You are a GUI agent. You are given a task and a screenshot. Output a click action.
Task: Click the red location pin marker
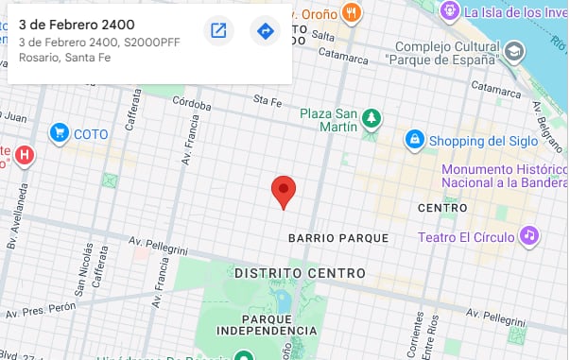pyautogui.click(x=284, y=190)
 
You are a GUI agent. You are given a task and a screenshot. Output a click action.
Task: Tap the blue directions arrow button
pyautogui.click(x=266, y=31)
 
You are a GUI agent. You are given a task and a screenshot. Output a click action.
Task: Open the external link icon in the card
pyautogui.click(x=218, y=31)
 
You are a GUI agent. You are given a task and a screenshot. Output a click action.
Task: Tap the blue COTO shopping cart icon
pyautogui.click(x=60, y=133)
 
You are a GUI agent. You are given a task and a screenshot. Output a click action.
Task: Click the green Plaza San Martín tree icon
pyautogui.click(x=373, y=118)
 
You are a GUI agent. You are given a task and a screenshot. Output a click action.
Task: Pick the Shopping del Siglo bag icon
pyautogui.click(x=413, y=141)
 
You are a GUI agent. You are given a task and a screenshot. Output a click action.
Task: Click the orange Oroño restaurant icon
pyautogui.click(x=353, y=12)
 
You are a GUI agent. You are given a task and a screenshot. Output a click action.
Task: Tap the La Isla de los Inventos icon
pyautogui.click(x=449, y=11)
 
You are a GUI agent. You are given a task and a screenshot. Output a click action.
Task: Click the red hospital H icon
pyautogui.click(x=26, y=153)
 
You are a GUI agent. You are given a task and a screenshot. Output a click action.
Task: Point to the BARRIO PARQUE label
pyautogui.click(x=338, y=237)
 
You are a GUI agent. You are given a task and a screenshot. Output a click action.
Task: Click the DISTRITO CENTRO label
pyautogui.click(x=300, y=273)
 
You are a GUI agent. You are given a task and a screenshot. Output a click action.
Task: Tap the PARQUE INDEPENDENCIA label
pyautogui.click(x=266, y=323)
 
